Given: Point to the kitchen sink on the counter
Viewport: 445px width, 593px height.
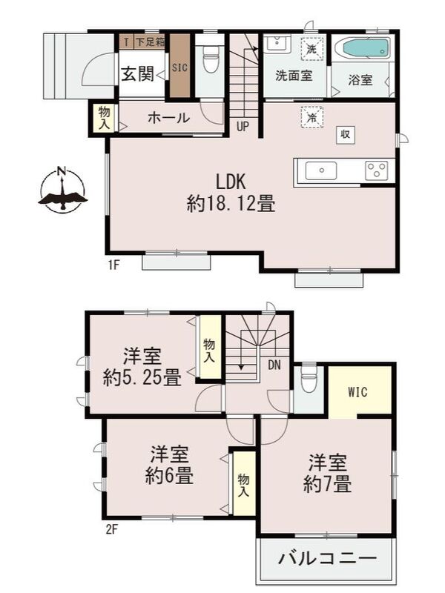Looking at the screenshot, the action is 321,170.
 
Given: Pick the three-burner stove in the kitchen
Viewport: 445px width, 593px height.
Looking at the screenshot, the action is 376,170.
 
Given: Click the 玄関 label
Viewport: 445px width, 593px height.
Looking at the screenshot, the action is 138,73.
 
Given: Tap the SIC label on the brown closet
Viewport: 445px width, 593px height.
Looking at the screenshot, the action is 179,67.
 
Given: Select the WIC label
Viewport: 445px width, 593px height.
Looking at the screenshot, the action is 357,392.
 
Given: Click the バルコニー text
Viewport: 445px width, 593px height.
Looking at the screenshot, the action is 328,558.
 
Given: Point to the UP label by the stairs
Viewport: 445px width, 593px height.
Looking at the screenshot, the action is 243,126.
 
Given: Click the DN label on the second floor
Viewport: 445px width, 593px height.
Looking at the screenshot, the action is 274,365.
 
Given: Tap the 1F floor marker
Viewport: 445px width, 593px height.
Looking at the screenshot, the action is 114,265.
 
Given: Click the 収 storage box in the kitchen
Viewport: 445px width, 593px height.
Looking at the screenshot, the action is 346,134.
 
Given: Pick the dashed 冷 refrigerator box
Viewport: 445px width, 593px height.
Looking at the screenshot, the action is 312,118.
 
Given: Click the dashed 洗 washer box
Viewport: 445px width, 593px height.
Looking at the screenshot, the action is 312,49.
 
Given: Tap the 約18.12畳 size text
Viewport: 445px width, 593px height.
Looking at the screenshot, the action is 231,205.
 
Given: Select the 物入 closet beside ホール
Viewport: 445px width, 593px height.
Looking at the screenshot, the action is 103,118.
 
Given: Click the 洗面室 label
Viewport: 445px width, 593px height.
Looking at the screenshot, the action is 294,76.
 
